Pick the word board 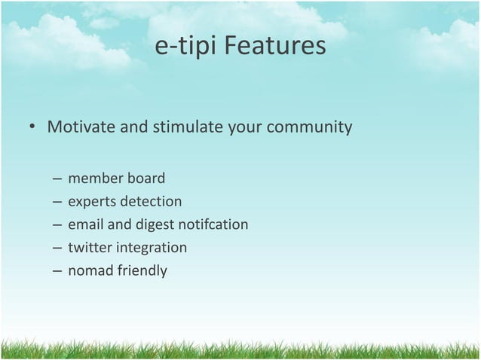146,179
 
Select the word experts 93,202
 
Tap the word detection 152,202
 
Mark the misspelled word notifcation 213,224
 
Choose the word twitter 89,247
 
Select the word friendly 141,270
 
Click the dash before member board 57,180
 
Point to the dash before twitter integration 57,248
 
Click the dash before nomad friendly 57,270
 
